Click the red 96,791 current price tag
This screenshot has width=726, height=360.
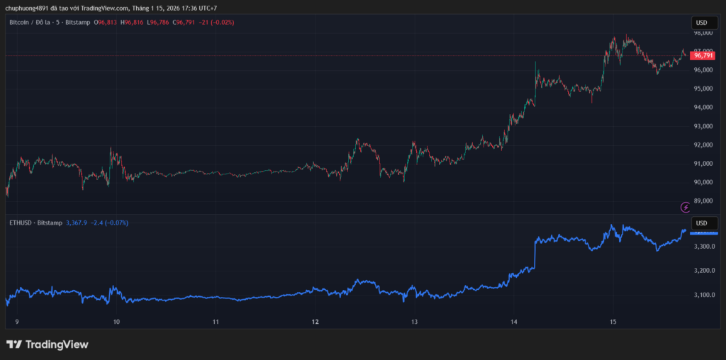(703, 55)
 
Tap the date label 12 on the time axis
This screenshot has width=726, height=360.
(315, 321)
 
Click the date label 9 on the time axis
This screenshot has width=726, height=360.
(17, 321)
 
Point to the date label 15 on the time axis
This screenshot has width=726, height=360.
(613, 321)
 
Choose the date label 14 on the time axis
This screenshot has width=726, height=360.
(514, 321)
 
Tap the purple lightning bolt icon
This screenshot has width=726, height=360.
(686, 207)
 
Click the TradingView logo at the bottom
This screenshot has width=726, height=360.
(48, 344)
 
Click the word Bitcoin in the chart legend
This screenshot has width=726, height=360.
(20, 23)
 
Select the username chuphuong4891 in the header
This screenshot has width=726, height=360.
(26, 8)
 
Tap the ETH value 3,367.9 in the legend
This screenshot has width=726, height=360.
(76, 223)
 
